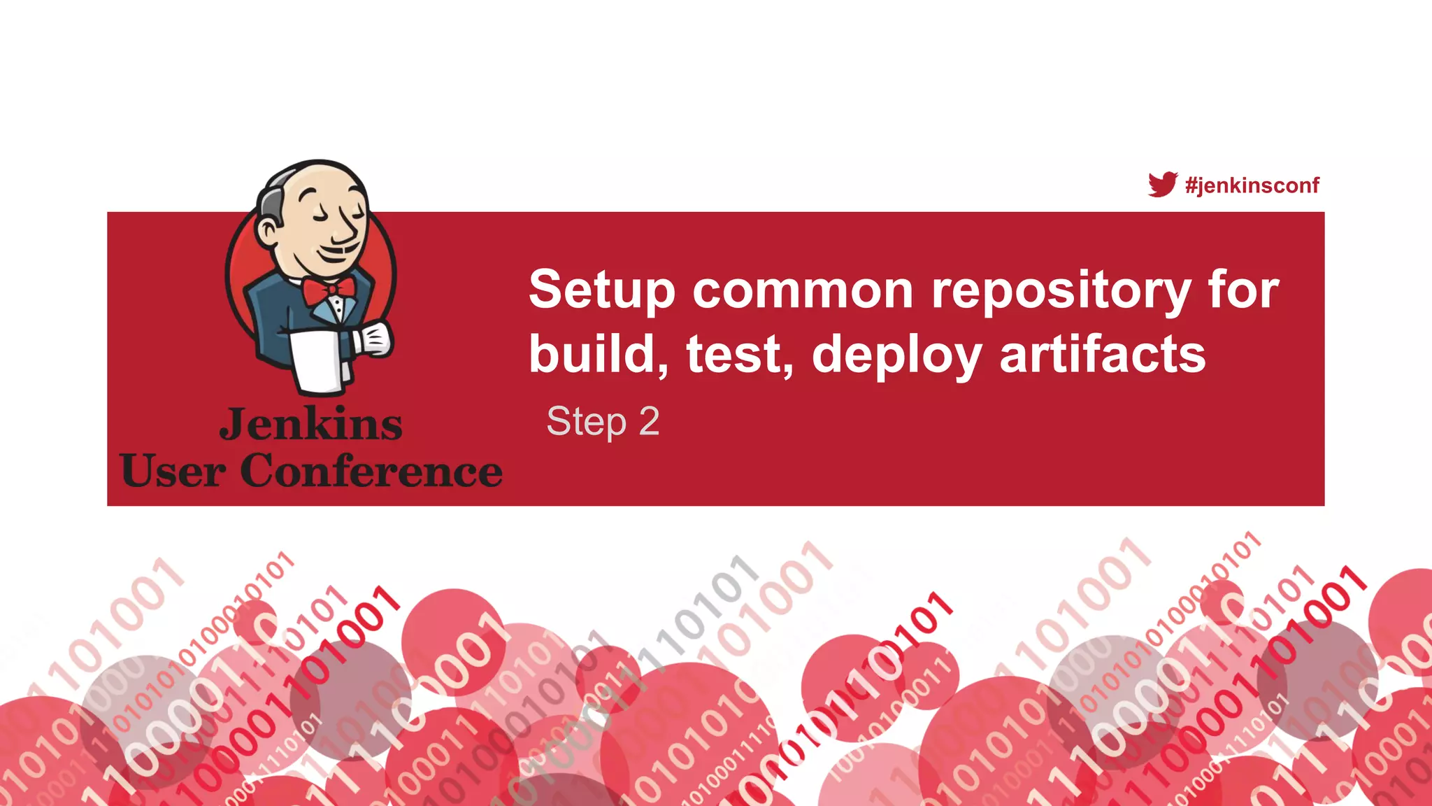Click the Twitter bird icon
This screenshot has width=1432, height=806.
[x=1163, y=185]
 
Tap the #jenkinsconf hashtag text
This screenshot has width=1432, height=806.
[x=1252, y=185]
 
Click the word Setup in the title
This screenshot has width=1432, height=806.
[x=601, y=290]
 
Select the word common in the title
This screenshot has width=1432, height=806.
[x=803, y=290]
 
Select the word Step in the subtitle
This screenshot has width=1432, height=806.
[x=586, y=422]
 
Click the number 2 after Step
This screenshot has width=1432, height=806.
[x=649, y=421]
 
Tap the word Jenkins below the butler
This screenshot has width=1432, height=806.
[x=311, y=425]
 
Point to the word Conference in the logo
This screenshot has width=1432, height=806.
[x=371, y=471]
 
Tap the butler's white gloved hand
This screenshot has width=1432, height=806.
[x=374, y=338]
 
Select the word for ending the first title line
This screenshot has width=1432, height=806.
[x=1244, y=290]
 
